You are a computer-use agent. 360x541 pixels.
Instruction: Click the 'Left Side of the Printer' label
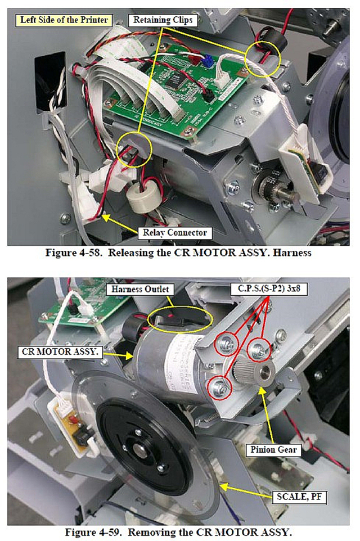tap(64, 20)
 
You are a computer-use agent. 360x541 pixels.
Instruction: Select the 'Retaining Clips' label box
tap(163, 20)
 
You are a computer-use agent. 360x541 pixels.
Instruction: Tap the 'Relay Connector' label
tap(174, 233)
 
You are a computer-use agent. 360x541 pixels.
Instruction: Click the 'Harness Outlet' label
tap(140, 289)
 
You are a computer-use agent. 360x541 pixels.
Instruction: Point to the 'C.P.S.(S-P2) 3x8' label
tap(268, 288)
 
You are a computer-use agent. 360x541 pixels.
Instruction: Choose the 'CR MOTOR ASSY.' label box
tap(60, 352)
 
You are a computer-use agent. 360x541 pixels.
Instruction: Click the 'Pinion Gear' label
tap(273, 449)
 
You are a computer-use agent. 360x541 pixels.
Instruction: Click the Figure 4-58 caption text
tap(178, 253)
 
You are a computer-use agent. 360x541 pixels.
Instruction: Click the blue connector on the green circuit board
tap(207, 62)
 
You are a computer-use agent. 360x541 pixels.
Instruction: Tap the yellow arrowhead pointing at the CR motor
tap(129, 356)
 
